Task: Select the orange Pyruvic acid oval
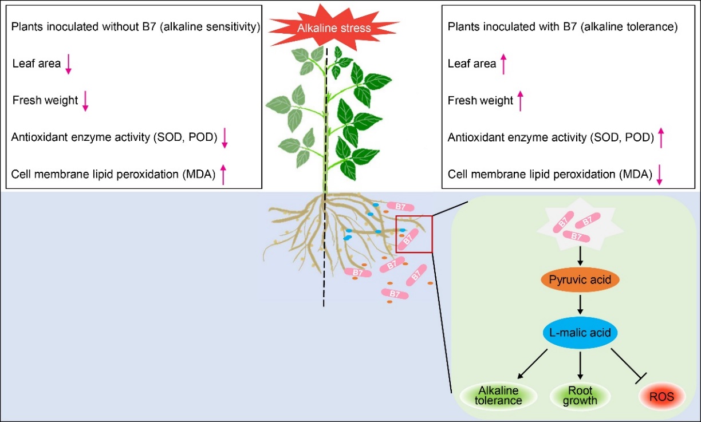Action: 580,281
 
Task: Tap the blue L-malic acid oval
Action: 580,332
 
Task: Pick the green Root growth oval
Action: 581,396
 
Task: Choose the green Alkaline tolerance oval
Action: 498,396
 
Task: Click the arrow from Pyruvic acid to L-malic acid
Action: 580,304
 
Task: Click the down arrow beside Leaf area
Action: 68,64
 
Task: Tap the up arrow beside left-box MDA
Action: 223,174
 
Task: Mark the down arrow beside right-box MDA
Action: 659,174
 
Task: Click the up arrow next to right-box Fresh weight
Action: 520,101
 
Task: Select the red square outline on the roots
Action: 413,234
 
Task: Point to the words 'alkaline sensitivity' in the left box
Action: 211,27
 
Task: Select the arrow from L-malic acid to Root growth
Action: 580,364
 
